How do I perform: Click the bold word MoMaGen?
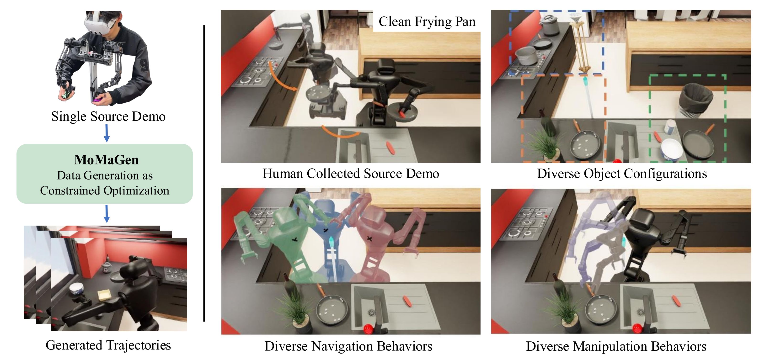click(x=107, y=160)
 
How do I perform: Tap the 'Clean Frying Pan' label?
click(x=427, y=21)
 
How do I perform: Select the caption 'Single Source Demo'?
click(x=108, y=116)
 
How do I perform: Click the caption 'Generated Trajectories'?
click(x=108, y=345)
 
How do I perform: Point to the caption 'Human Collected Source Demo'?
click(x=351, y=174)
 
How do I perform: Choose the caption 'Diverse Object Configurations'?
click(x=622, y=174)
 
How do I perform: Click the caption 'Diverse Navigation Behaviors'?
click(x=348, y=346)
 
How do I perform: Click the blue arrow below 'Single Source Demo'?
click(x=107, y=133)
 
